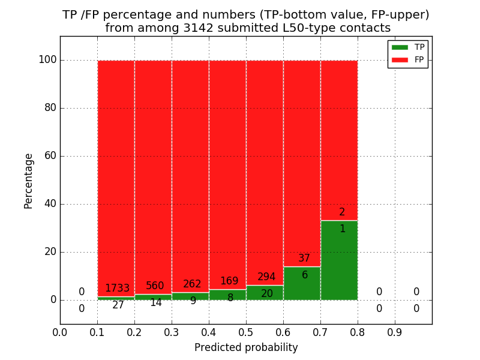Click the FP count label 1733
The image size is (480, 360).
click(x=117, y=289)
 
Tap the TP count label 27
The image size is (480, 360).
click(x=118, y=305)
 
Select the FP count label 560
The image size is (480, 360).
click(x=155, y=286)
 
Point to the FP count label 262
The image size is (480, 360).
click(x=192, y=284)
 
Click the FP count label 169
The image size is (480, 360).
click(x=229, y=281)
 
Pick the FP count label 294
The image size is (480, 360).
click(x=266, y=277)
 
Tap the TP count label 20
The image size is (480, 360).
click(x=267, y=294)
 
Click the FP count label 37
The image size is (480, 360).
click(x=304, y=259)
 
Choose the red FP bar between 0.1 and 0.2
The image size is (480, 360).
click(x=116, y=168)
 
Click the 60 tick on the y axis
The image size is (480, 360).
click(x=50, y=156)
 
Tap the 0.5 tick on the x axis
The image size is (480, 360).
click(x=246, y=332)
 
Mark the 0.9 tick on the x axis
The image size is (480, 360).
click(x=395, y=332)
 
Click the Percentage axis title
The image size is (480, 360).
click(x=28, y=181)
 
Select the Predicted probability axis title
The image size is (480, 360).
click(x=246, y=348)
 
